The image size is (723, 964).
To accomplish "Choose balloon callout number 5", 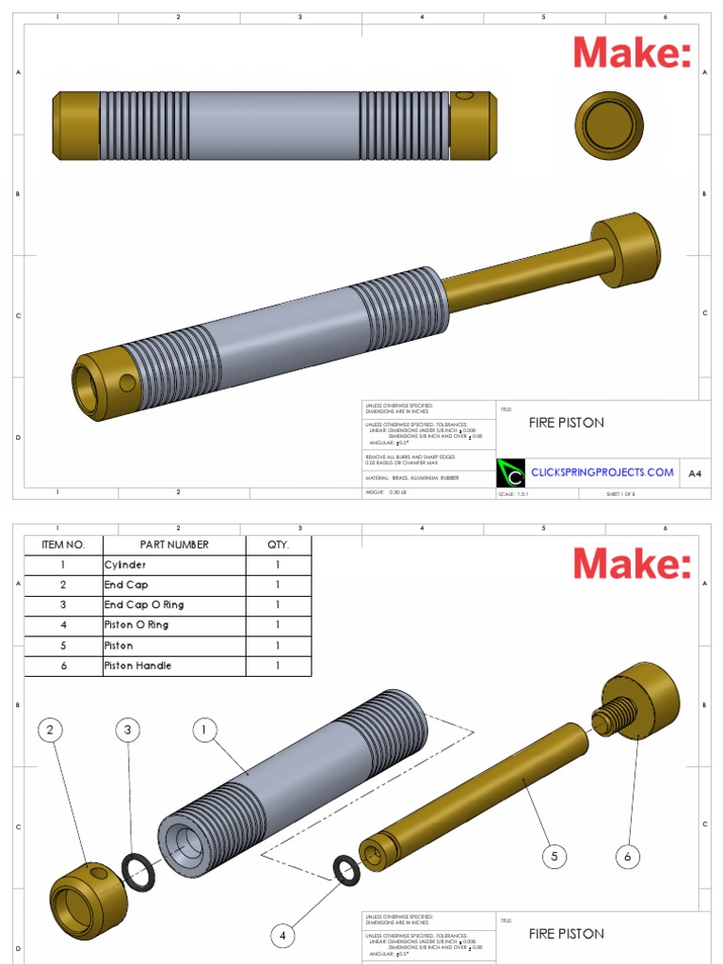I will click(x=554, y=856).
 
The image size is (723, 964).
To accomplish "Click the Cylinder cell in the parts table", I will click(x=174, y=565).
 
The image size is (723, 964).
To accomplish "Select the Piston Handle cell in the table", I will click(x=174, y=666).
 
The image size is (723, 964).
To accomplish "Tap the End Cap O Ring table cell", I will click(x=174, y=604).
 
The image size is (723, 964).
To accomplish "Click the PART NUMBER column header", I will click(x=174, y=544).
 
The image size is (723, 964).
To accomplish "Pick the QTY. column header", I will click(x=279, y=544).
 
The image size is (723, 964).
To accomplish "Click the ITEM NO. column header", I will click(x=63, y=544).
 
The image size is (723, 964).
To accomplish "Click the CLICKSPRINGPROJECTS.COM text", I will click(x=602, y=472).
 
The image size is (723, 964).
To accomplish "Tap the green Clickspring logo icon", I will click(x=510, y=472).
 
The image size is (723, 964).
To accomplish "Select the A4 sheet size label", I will click(x=695, y=473).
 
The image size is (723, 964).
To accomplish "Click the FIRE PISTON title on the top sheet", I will click(x=567, y=423).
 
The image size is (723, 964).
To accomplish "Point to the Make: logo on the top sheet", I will click(x=632, y=53).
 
